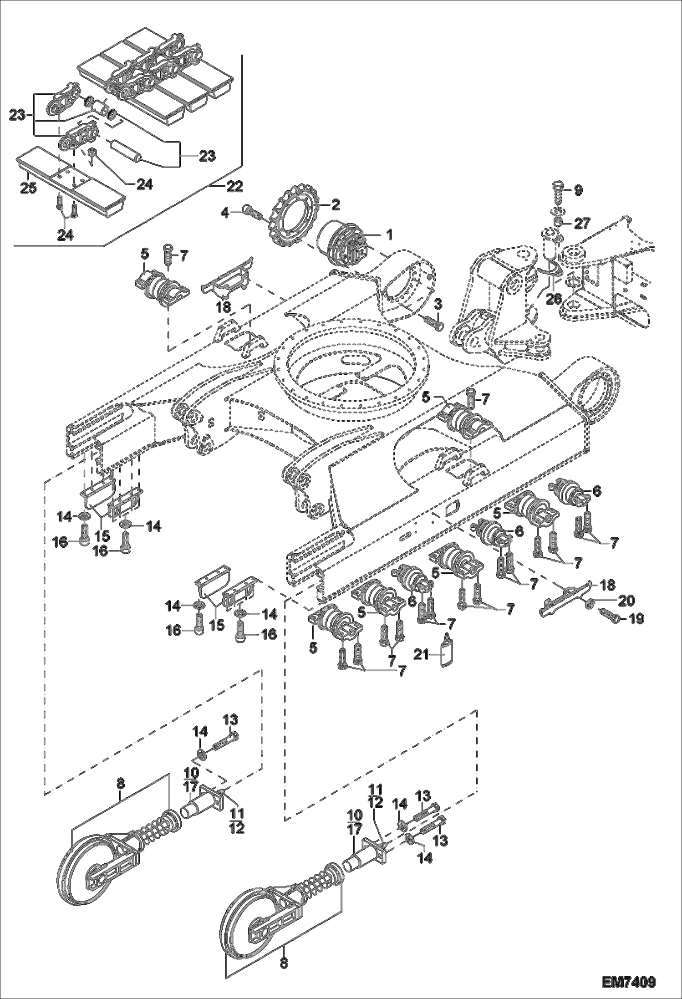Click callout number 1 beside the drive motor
(x=390, y=234)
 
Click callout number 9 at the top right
(x=578, y=190)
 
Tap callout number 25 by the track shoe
(x=28, y=188)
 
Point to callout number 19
(x=636, y=619)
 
